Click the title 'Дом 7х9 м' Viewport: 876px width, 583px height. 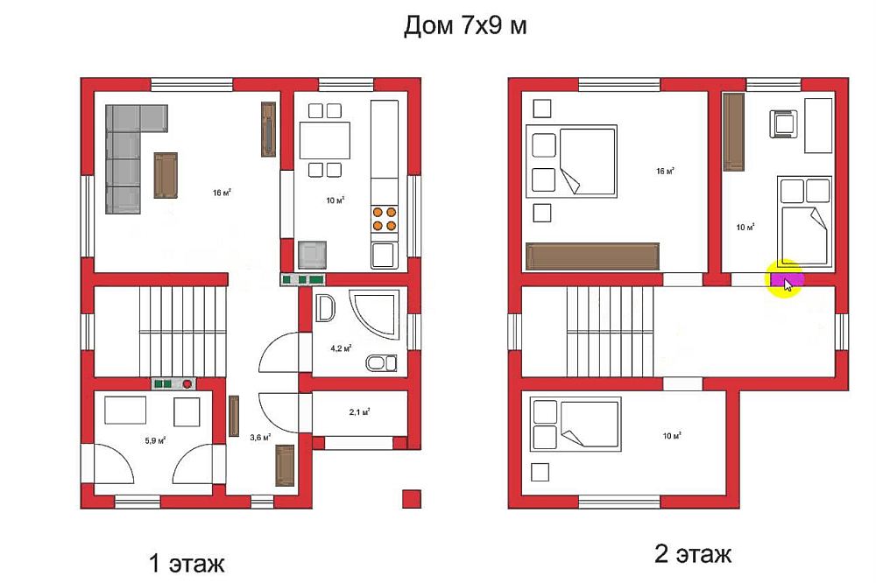click(x=465, y=25)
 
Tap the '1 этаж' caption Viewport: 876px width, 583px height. click(x=187, y=563)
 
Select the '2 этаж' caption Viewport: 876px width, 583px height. click(x=693, y=554)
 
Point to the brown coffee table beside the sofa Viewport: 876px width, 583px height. click(x=166, y=175)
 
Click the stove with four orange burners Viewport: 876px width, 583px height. click(x=385, y=219)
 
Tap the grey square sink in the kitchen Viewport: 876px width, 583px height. click(x=313, y=255)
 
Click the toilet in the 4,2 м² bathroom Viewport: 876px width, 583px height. click(x=382, y=363)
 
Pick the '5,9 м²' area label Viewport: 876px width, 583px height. click(x=155, y=440)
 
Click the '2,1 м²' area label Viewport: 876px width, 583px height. click(x=360, y=412)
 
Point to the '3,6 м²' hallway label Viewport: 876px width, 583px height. click(x=260, y=438)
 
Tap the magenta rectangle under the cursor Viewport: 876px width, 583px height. click(x=787, y=279)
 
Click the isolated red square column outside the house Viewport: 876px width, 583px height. click(x=412, y=499)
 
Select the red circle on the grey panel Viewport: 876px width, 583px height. click(x=187, y=383)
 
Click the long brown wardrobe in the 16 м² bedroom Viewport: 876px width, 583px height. click(x=593, y=256)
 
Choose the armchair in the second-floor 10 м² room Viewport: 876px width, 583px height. click(x=784, y=123)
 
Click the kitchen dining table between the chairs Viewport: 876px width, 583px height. click(x=325, y=140)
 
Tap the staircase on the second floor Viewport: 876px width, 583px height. click(x=610, y=332)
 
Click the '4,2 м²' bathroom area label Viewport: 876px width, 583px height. click(x=341, y=348)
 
